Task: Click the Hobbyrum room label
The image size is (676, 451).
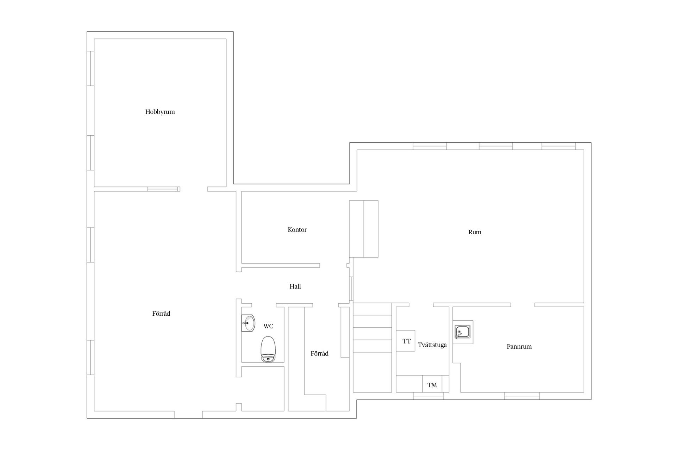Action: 160,112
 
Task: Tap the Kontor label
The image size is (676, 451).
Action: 297,230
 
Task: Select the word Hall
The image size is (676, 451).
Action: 295,286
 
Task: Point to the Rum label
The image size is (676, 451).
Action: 475,232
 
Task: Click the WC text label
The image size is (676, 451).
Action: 268,326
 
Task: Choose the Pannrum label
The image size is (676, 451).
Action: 519,347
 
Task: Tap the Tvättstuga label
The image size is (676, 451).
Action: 432,345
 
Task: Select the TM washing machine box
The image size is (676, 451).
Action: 432,384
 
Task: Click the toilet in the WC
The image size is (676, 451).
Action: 268,349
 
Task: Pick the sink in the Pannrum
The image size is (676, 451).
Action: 463,332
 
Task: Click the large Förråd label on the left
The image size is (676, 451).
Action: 161,314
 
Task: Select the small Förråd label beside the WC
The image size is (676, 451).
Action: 320,354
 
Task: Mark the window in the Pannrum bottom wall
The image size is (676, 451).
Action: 522,396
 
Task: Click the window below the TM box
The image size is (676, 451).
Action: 428,396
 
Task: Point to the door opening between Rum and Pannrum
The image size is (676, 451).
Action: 523,305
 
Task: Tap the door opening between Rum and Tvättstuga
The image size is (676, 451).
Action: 421,305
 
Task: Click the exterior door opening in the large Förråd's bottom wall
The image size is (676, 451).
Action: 188,415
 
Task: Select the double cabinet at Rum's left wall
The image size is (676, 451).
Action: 364,229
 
